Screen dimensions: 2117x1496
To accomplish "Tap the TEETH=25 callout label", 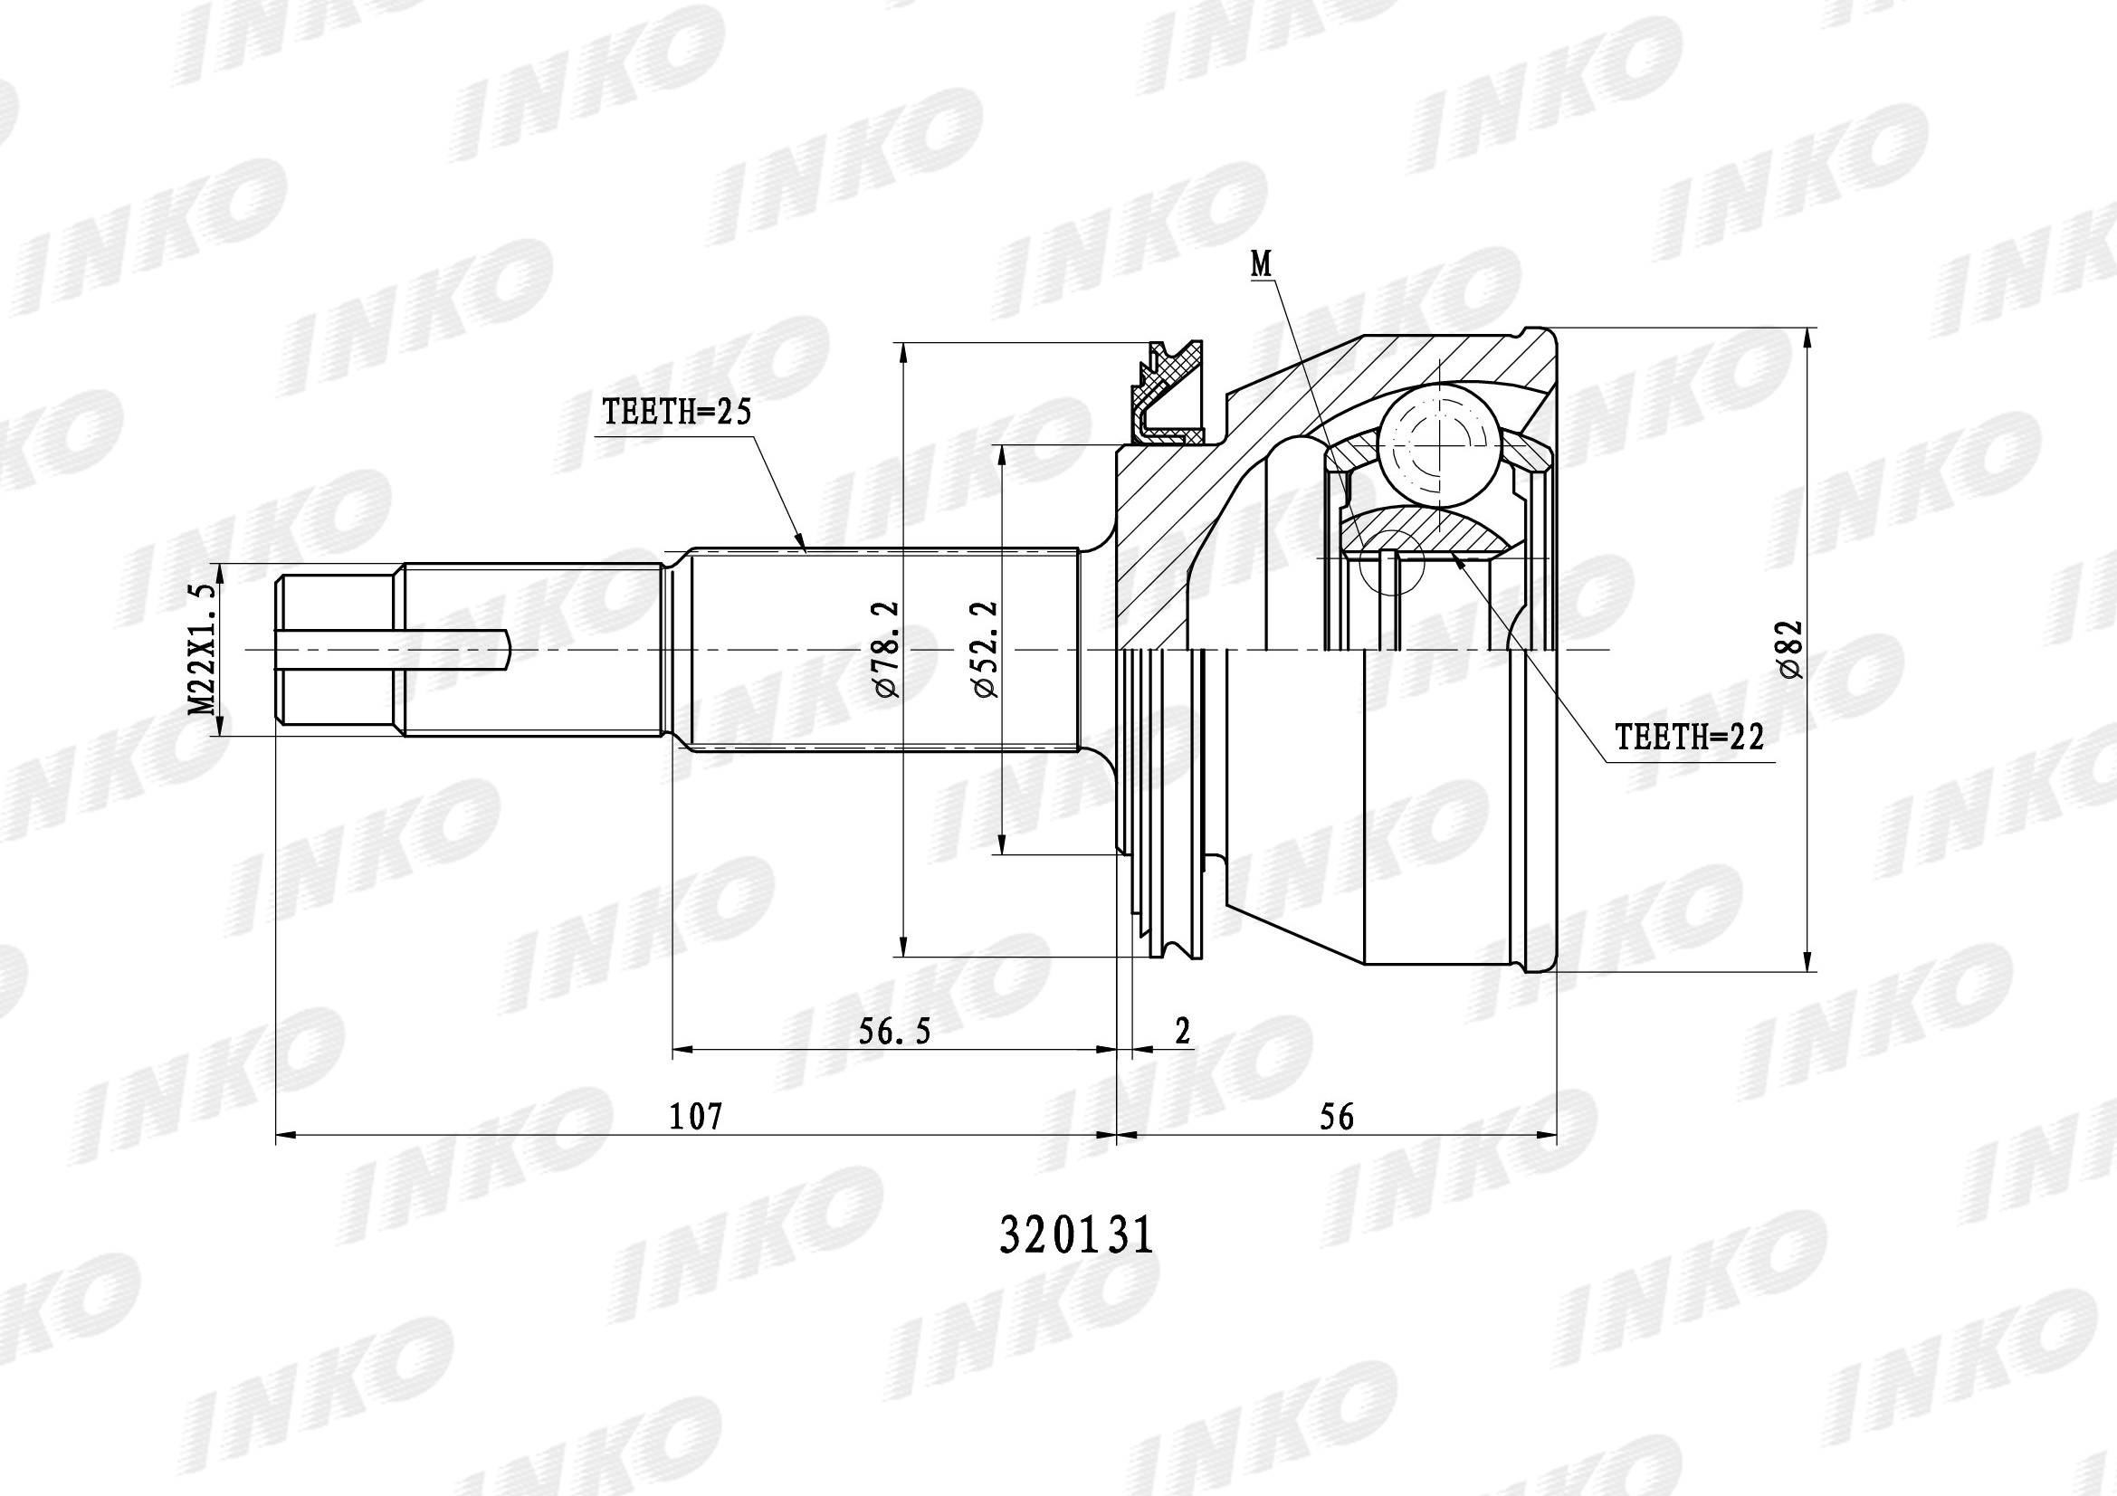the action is pyautogui.click(x=677, y=412).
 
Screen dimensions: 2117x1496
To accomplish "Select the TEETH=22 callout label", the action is pyautogui.click(x=1689, y=737).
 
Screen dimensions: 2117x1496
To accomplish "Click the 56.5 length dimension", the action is pyautogui.click(x=894, y=1031).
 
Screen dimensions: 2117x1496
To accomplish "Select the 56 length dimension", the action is pyautogui.click(x=1337, y=1116).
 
